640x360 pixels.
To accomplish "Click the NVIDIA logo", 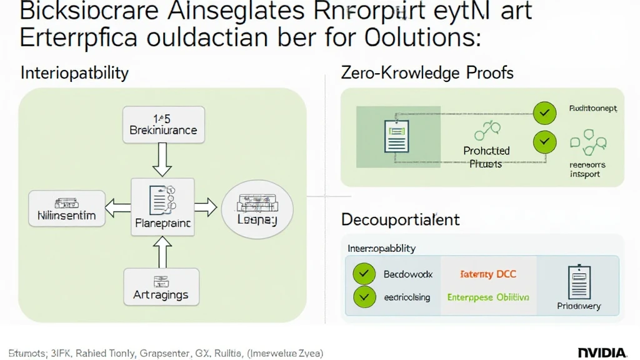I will tap(602, 352).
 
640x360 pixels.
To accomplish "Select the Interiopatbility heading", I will tap(74, 72).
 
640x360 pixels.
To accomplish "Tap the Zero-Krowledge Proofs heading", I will tap(427, 72).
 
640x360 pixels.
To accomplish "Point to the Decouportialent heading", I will tap(400, 219).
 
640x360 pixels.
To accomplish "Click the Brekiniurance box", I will tap(163, 124).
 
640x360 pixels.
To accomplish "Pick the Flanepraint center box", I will tap(162, 206).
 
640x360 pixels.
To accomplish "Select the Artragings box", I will tap(161, 287).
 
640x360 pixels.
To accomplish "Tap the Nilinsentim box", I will tap(62, 209).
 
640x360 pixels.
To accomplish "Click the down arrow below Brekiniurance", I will tap(162, 160).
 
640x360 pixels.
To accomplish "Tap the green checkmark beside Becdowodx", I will tap(363, 274).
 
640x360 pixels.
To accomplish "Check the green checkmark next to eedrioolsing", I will tap(363, 297).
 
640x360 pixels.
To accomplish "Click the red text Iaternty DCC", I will tap(488, 274).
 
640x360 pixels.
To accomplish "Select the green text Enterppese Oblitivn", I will tap(488, 297).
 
